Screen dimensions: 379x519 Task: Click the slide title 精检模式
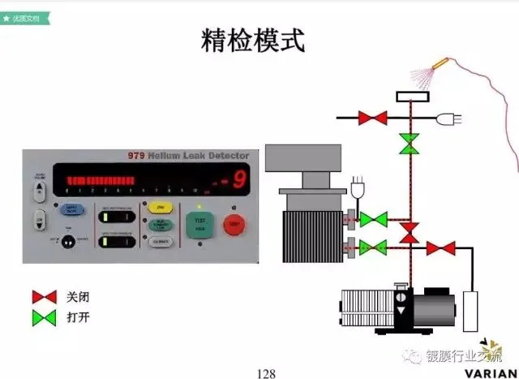(252, 41)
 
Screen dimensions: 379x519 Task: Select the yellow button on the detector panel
(158, 207)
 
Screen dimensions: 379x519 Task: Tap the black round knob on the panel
(69, 241)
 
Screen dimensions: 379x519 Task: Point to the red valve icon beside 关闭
(44, 297)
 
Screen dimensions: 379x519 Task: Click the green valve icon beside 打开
(44, 317)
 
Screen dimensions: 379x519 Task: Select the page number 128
(266, 373)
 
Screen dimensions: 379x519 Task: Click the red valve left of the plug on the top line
(374, 118)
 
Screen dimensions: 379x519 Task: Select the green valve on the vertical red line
(410, 145)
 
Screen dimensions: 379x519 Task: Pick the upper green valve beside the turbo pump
(374, 219)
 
